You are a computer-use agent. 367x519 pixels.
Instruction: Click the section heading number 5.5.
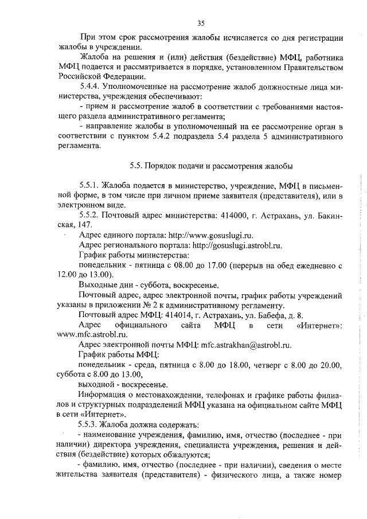point(136,166)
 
